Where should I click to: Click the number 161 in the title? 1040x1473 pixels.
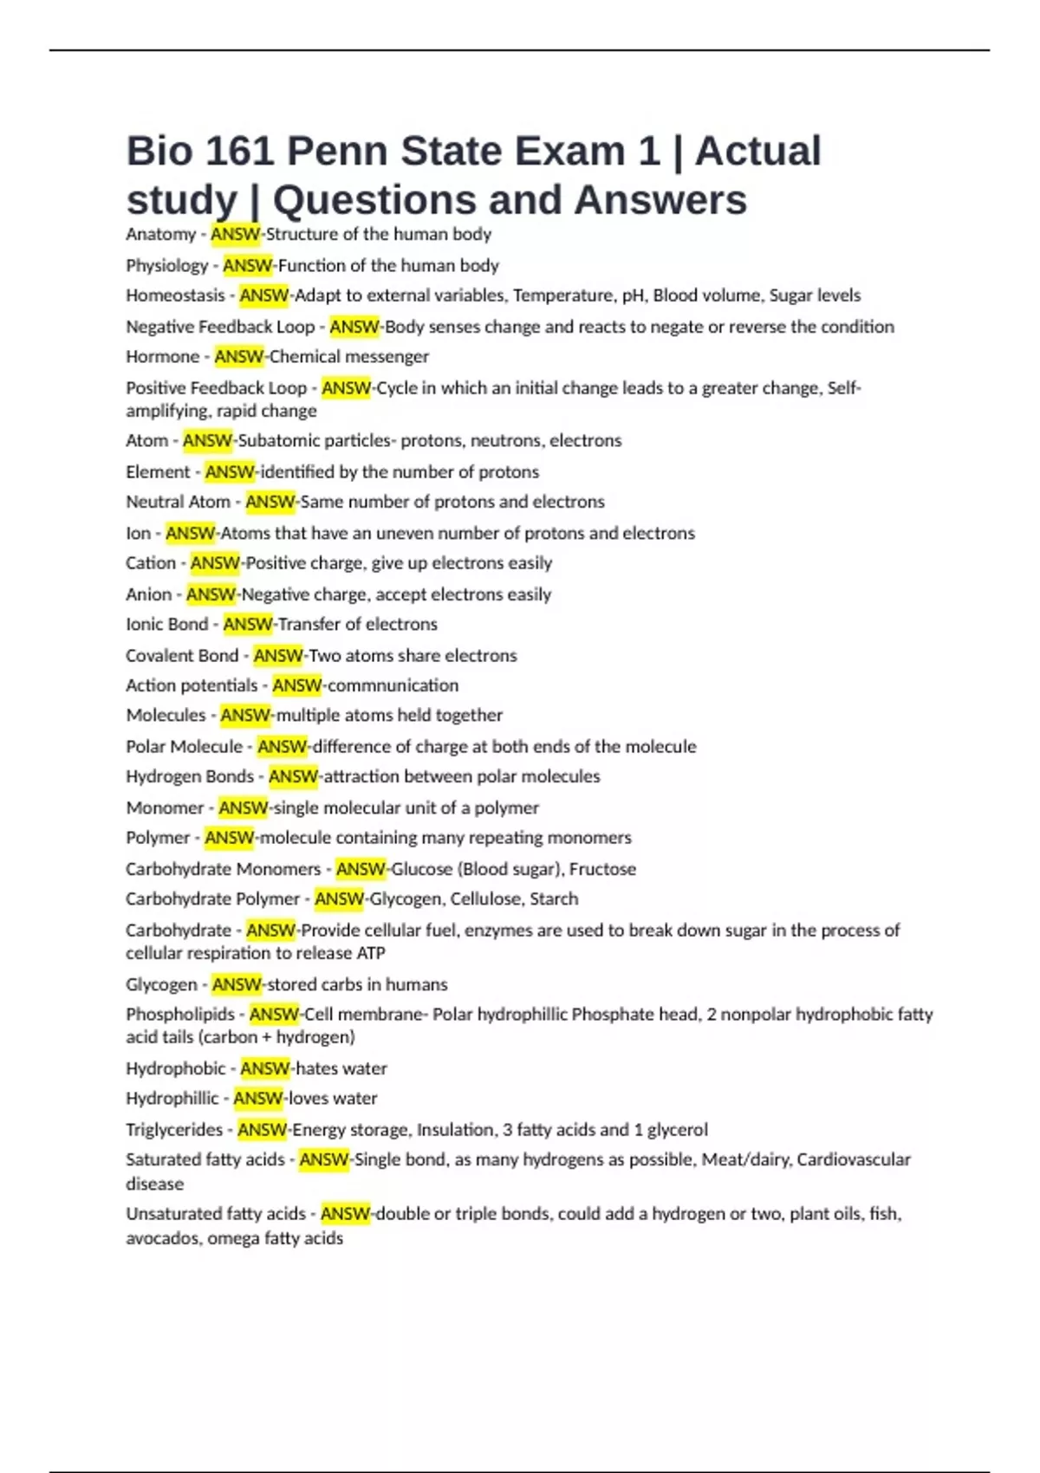click(x=237, y=152)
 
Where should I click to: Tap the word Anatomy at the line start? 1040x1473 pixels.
click(x=160, y=234)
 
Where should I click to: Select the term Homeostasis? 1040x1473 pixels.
click(x=175, y=295)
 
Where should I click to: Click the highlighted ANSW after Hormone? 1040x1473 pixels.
click(x=239, y=357)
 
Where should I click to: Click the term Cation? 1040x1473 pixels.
click(x=151, y=563)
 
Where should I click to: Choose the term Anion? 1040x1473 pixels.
click(x=149, y=594)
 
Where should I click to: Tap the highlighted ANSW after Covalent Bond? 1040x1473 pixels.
click(x=278, y=656)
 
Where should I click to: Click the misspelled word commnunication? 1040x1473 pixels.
click(x=393, y=685)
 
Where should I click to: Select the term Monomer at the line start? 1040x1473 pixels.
click(x=165, y=808)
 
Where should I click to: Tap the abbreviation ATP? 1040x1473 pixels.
click(x=371, y=953)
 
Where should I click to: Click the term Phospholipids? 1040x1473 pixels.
click(x=180, y=1015)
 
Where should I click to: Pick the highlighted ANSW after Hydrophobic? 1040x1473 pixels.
click(x=265, y=1069)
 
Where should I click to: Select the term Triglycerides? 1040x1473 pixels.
click(x=174, y=1130)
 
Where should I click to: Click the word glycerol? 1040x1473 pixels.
click(x=678, y=1130)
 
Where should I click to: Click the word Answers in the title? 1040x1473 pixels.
click(x=660, y=200)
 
